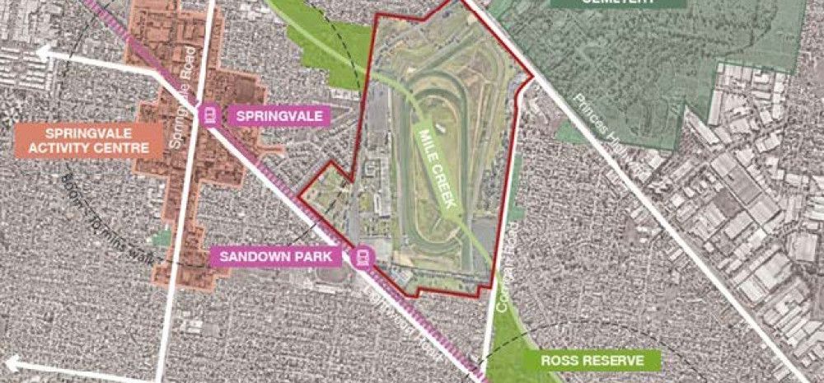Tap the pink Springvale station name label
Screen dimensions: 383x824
click(x=279, y=115)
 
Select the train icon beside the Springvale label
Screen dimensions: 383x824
click(x=211, y=114)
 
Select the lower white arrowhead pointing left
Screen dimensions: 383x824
click(x=10, y=362)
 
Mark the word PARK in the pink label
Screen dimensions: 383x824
click(x=315, y=257)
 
